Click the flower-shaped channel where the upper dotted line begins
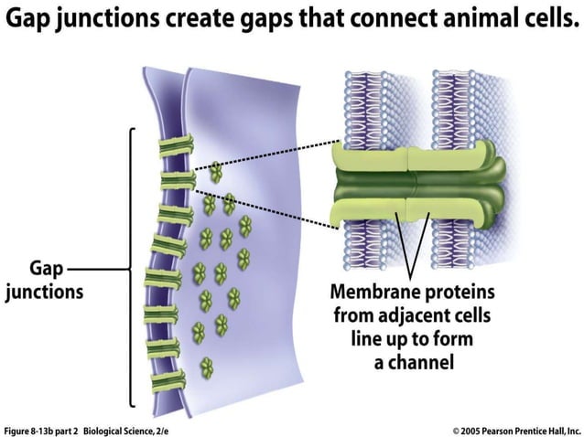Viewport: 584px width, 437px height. click(216, 171)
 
